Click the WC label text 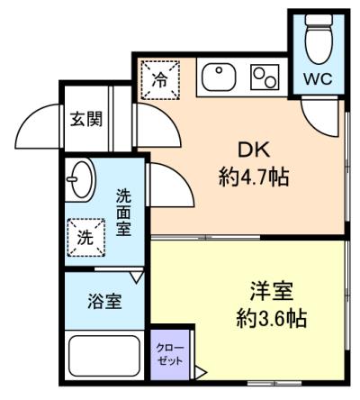[x=318, y=79]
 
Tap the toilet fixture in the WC [x=319, y=39]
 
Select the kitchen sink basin [x=219, y=77]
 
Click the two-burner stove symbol [x=265, y=77]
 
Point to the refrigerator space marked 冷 [x=160, y=80]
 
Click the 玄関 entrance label [x=86, y=119]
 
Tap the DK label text [x=254, y=150]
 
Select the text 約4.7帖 [x=254, y=177]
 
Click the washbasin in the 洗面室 [x=80, y=180]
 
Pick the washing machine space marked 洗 [x=86, y=238]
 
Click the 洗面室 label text [x=123, y=213]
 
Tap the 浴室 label [x=104, y=301]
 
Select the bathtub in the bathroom [x=104, y=356]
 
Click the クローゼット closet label [x=170, y=355]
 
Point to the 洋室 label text [x=272, y=291]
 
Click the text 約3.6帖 [x=272, y=318]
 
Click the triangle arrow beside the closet [x=201, y=373]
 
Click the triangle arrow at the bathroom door [x=138, y=277]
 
